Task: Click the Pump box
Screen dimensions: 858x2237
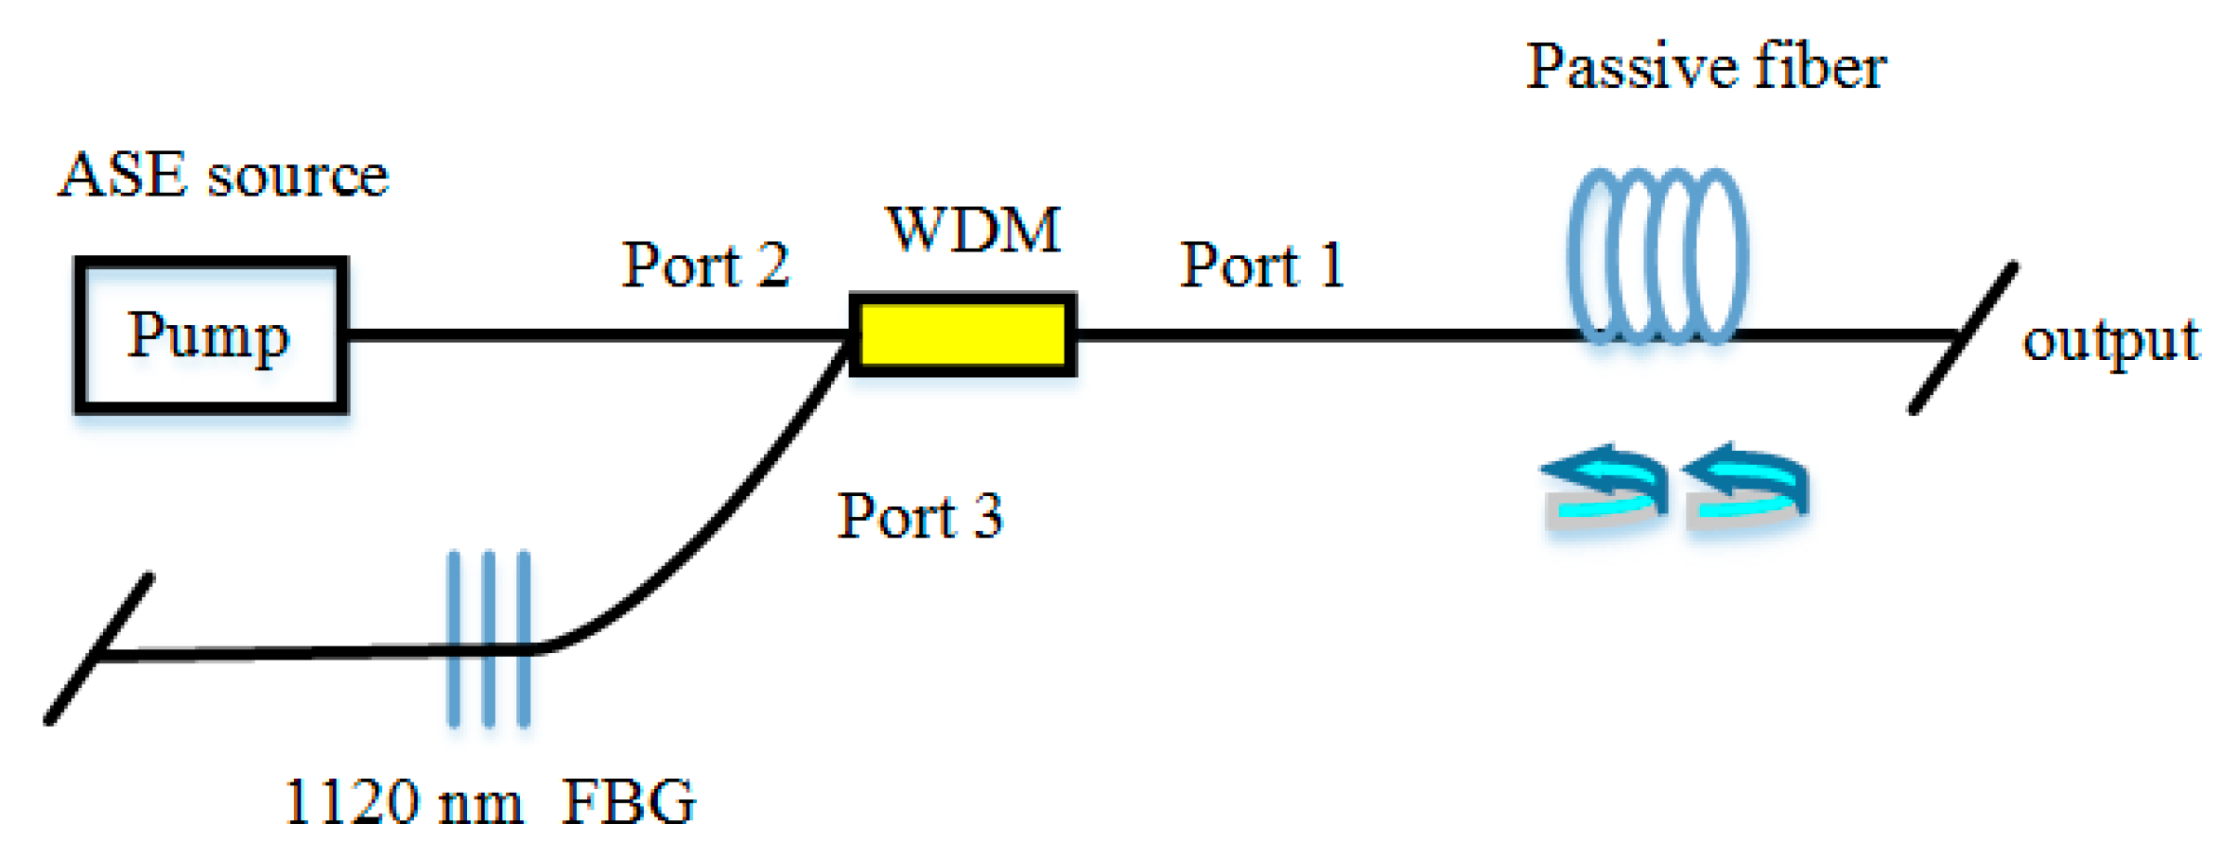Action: click(210, 335)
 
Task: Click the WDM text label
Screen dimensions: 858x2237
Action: click(974, 230)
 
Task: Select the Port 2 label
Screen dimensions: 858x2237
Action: click(705, 266)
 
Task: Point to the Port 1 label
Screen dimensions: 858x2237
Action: click(1262, 266)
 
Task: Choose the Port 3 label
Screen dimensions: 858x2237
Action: click(920, 517)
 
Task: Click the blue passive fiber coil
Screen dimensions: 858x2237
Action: click(1657, 255)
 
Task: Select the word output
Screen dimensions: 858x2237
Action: click(2110, 341)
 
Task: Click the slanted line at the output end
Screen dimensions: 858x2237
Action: click(1962, 337)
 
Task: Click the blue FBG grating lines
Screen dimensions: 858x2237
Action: click(489, 640)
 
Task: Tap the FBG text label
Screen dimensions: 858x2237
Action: click(629, 803)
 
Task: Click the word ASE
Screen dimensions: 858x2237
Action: click(123, 176)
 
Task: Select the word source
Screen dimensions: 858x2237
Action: click(298, 176)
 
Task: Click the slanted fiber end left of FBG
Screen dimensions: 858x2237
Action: click(99, 649)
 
